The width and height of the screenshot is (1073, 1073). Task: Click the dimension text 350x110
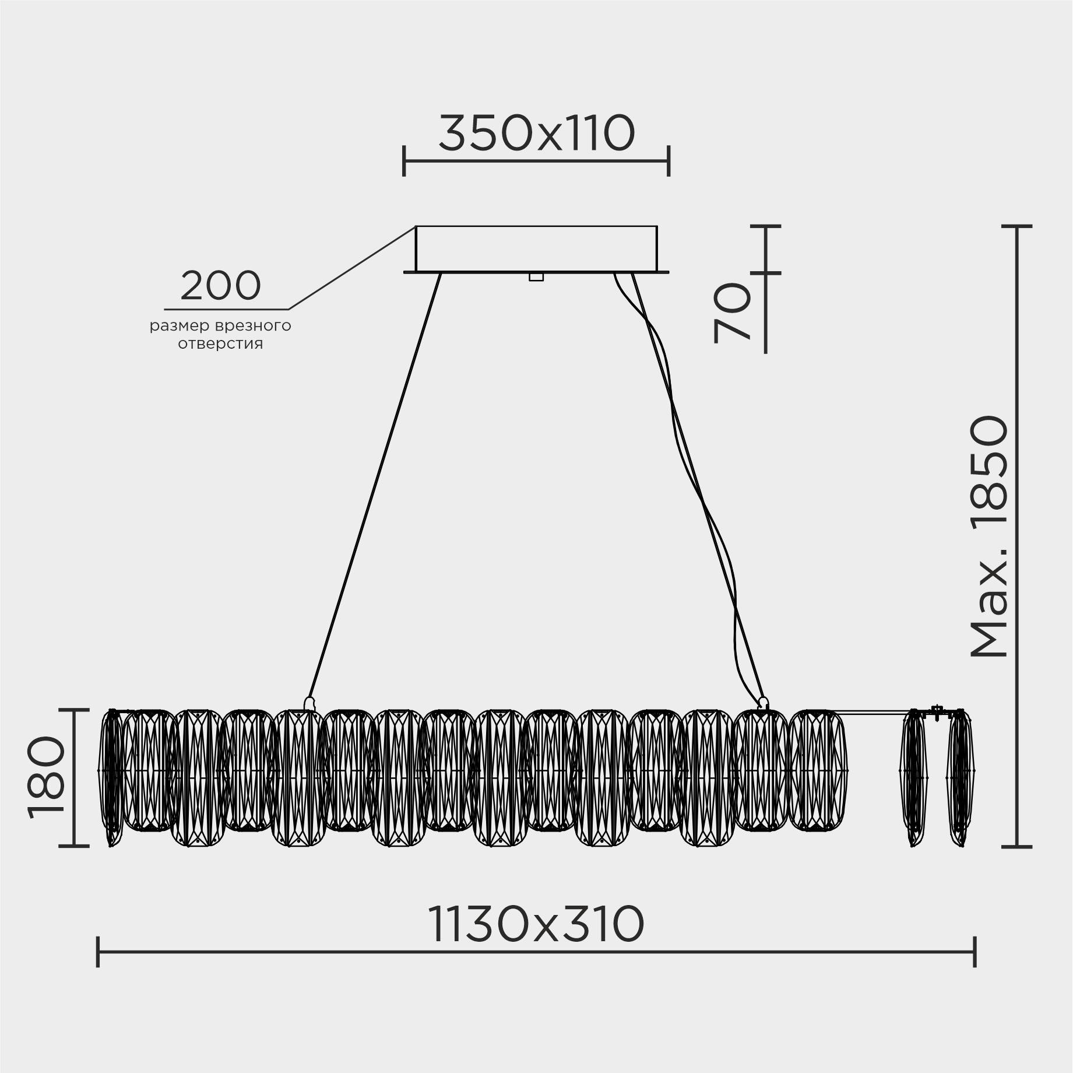pos(536,134)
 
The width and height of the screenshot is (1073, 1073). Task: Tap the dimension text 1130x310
pos(536,924)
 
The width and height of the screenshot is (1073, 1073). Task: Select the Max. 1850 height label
pos(989,536)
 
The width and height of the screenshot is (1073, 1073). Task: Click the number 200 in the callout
pos(220,286)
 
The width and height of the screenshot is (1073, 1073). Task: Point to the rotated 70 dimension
pos(732,313)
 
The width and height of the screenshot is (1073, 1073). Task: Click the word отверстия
pos(220,344)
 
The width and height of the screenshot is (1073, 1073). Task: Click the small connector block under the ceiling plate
pos(536,277)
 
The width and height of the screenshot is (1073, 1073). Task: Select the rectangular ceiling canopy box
pos(536,248)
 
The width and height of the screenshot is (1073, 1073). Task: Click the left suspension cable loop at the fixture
pos(309,703)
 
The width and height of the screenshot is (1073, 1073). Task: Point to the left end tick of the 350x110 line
pos(403,162)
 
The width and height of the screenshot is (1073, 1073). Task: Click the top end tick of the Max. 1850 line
pos(1017,226)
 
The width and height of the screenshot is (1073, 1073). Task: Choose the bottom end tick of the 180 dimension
pos(75,846)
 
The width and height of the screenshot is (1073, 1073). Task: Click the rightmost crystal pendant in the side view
pos(960,779)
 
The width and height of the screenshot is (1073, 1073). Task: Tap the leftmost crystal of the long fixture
pos(112,776)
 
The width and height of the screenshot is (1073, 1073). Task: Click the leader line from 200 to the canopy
pos(350,269)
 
